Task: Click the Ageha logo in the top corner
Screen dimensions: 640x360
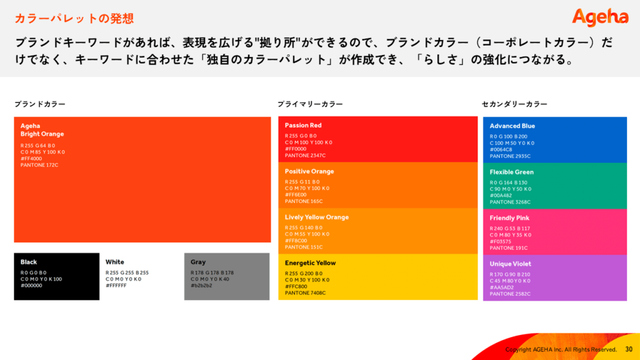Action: (600, 17)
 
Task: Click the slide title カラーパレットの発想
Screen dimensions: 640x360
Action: (74, 18)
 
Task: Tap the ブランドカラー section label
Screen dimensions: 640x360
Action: (40, 104)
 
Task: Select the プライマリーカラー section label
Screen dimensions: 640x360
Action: (310, 104)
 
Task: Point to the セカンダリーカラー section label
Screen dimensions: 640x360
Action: (514, 104)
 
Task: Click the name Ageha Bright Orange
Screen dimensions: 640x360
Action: (42, 130)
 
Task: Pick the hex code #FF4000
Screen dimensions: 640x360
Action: (31, 159)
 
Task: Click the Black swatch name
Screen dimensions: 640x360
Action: (29, 262)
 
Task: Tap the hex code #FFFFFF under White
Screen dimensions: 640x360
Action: (116, 286)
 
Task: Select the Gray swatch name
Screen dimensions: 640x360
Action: (198, 262)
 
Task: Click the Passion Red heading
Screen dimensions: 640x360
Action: (303, 125)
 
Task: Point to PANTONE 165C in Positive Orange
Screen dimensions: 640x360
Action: (304, 201)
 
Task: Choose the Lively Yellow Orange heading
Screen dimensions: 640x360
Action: (317, 217)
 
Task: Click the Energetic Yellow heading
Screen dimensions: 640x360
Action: (310, 263)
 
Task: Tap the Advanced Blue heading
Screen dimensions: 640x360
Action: (512, 126)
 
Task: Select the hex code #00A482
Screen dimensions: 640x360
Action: (501, 196)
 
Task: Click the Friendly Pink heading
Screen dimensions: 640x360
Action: (509, 218)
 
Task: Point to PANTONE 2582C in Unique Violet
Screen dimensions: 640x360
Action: (510, 294)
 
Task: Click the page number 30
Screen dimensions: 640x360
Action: (629, 349)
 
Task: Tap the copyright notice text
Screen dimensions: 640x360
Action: (561, 349)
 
